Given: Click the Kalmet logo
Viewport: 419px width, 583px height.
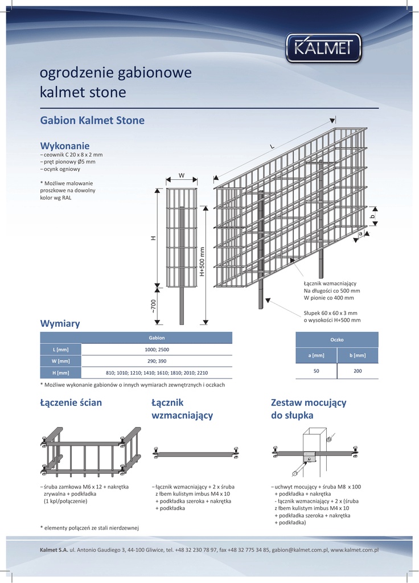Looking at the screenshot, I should [323, 48].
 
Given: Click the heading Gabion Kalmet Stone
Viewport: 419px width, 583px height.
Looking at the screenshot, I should [92, 121].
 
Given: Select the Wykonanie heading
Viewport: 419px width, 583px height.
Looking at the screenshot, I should [65, 146].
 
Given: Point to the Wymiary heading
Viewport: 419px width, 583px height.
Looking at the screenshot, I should [60, 323].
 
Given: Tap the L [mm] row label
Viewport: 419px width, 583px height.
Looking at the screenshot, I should [60, 349].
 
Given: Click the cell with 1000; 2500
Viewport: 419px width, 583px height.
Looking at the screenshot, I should [157, 349].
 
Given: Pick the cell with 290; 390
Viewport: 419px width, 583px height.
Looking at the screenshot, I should [157, 361].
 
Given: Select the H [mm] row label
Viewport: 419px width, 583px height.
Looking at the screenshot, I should [60, 373].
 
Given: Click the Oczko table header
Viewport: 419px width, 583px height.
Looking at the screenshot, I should [336, 339].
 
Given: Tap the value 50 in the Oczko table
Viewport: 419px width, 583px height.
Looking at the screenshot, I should [316, 371].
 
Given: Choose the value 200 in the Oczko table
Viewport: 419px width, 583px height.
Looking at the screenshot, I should [358, 371].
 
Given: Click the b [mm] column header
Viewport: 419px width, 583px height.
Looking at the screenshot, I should [358, 355].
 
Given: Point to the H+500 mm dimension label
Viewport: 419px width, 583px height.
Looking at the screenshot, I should [202, 261].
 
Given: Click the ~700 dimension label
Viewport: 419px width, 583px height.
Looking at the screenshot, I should [153, 306].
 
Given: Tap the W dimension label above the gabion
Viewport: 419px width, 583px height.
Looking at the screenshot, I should [182, 175].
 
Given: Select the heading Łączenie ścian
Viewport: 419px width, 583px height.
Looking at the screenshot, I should [71, 403].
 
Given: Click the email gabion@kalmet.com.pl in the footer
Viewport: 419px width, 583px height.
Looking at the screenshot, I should [299, 551].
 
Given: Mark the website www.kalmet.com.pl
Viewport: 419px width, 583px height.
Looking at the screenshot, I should [355, 551].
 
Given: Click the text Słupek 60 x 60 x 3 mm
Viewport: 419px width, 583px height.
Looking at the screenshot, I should [330, 313].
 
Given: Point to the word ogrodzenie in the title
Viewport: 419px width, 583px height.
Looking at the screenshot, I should [76, 73].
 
